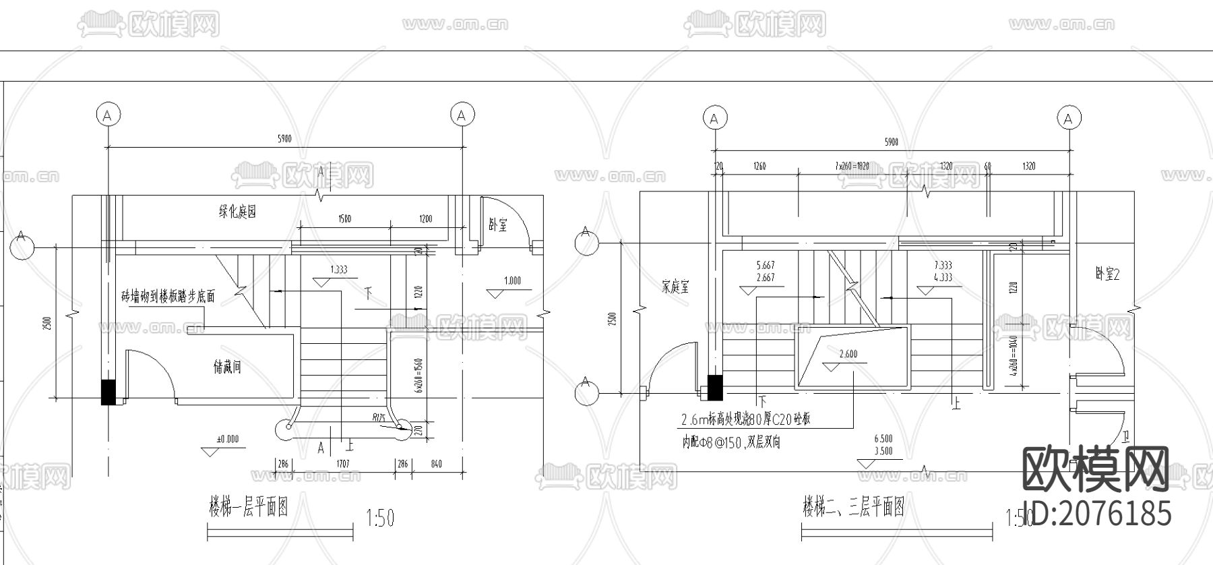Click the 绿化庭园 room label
click(x=237, y=212)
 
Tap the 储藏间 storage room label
click(x=227, y=367)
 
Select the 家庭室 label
click(x=675, y=287)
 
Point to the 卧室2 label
click(x=1107, y=274)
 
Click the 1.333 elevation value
click(x=338, y=270)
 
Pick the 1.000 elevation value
click(x=513, y=281)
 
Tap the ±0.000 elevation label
click(x=227, y=439)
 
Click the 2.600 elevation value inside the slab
click(x=848, y=355)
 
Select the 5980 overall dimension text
click(x=284, y=140)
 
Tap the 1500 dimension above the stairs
click(x=344, y=218)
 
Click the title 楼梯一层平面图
click(x=249, y=506)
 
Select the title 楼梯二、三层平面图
click(x=853, y=506)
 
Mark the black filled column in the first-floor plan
click(x=108, y=392)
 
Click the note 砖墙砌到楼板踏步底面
click(x=168, y=296)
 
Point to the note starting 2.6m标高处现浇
click(x=745, y=419)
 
